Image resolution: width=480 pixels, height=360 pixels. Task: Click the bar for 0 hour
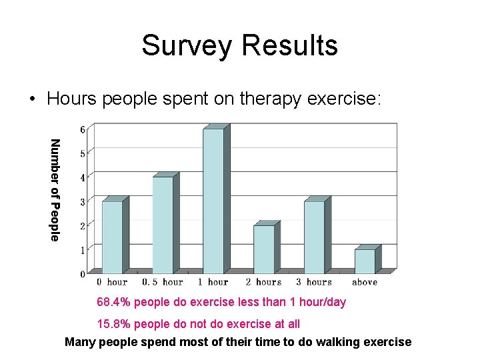tap(112, 237)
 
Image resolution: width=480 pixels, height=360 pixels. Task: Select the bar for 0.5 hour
tap(163, 225)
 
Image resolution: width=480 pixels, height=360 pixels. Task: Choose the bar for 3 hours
tap(314, 237)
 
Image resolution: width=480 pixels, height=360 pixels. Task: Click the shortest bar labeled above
tap(365, 261)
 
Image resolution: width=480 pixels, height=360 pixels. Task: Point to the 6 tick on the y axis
tap(83, 129)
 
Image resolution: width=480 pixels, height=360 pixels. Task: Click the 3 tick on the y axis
tap(83, 201)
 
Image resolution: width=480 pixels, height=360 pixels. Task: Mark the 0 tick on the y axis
tap(83, 273)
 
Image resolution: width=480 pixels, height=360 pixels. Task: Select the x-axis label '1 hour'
tap(214, 282)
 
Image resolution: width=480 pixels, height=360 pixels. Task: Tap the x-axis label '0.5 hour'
tap(163, 282)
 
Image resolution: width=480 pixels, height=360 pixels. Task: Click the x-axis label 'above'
tap(365, 282)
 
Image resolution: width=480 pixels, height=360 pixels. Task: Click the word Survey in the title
tap(187, 45)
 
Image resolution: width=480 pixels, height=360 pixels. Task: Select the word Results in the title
tap(290, 45)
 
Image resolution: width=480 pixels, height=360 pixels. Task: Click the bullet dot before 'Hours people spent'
tap(31, 100)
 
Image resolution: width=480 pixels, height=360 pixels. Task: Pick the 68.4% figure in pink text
tap(115, 302)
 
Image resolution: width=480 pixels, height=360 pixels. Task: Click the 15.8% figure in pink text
tap(115, 324)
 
